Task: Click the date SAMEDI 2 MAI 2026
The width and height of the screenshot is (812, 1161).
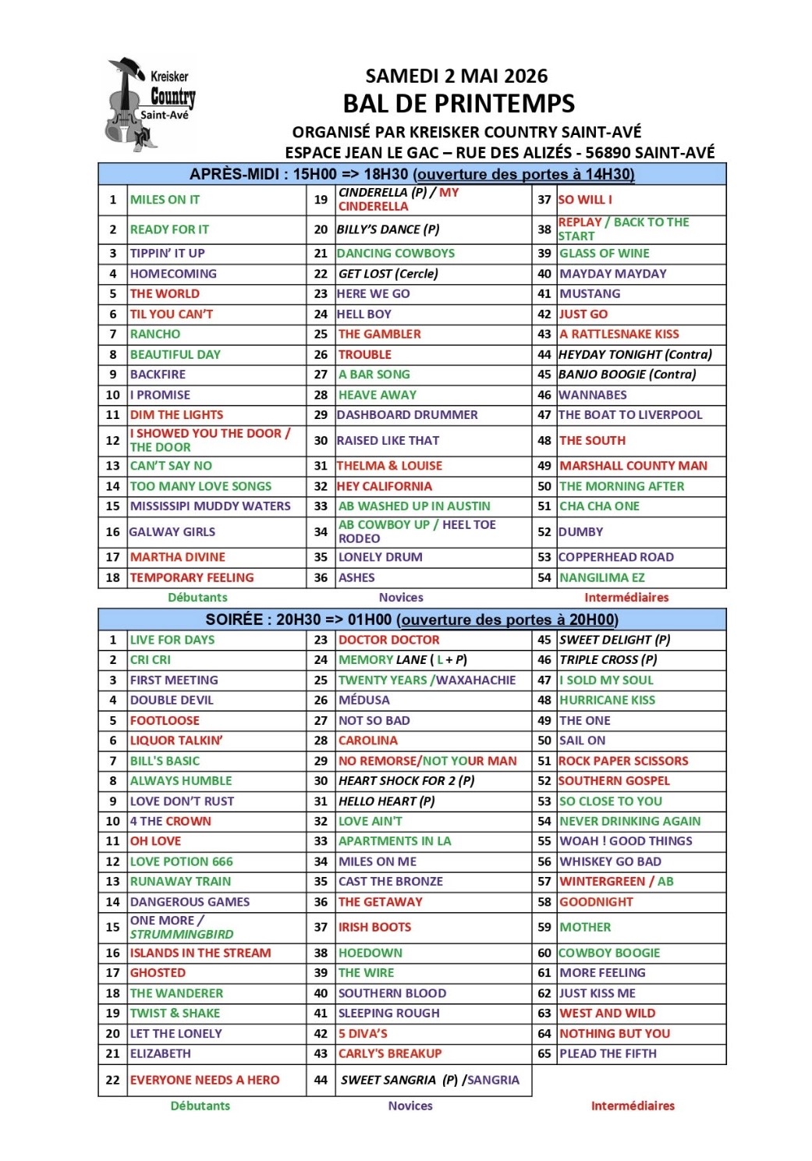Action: click(x=456, y=76)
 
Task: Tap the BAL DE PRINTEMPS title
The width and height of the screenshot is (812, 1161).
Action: click(x=459, y=103)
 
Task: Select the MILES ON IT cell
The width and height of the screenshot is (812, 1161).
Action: click(x=165, y=200)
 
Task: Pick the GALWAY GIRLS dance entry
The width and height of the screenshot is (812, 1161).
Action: click(x=172, y=532)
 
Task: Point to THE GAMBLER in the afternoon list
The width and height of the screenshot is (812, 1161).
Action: click(x=379, y=334)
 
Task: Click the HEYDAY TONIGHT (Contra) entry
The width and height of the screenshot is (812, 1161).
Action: click(x=635, y=354)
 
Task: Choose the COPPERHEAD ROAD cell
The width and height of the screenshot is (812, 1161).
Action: click(x=615, y=557)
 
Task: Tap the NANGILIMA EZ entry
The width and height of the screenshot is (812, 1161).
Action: click(x=601, y=577)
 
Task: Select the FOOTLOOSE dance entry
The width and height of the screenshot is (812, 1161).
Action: click(x=165, y=720)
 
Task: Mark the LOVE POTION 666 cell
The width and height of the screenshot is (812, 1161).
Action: click(x=181, y=861)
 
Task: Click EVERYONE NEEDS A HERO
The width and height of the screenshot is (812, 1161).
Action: click(x=204, y=1080)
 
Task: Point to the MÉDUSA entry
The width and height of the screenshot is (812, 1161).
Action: click(x=363, y=700)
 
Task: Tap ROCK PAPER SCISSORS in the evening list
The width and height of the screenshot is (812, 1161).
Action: click(x=623, y=761)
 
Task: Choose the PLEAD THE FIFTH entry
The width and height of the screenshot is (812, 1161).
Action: click(x=608, y=1053)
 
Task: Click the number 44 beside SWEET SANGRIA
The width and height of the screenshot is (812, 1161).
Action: click(x=321, y=1080)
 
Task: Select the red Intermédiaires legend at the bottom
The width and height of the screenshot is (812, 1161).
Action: click(x=633, y=1106)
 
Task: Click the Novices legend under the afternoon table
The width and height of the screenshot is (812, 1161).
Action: click(x=401, y=598)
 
